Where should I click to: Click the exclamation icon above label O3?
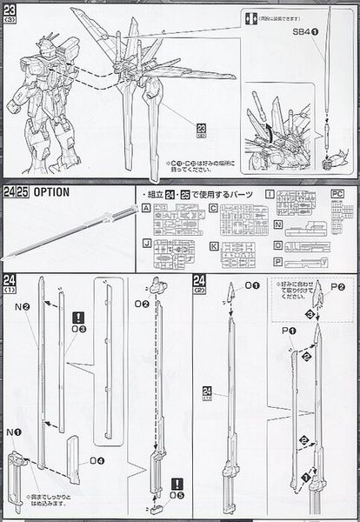pos(79,318)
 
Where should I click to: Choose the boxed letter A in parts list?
pos(145,209)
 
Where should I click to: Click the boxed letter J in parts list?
pos(145,246)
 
